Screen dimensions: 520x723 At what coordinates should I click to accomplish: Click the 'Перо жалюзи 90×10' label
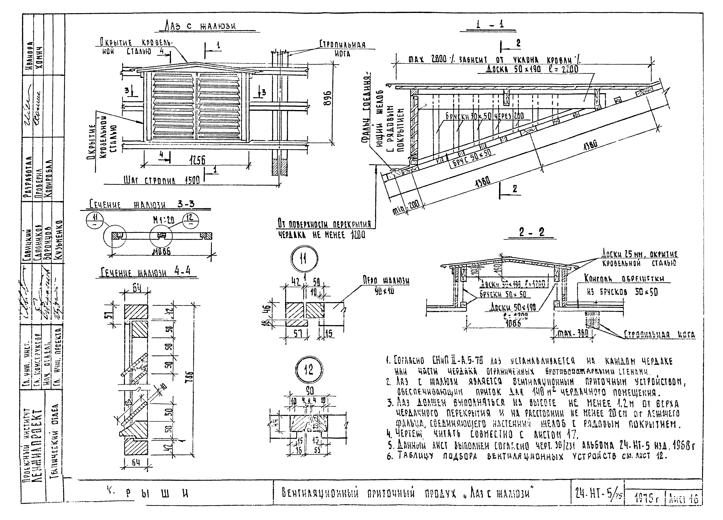386,285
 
